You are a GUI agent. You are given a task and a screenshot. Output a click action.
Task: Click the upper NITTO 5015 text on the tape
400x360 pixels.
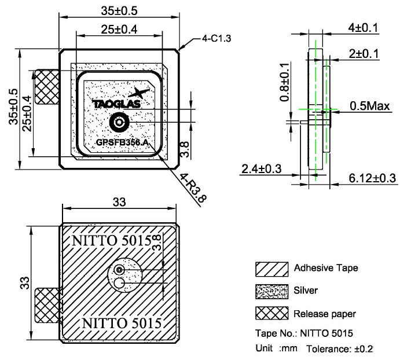pyautogui.click(x=112, y=239)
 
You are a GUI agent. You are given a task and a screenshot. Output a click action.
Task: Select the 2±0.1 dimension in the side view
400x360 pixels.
pyautogui.click(x=366, y=53)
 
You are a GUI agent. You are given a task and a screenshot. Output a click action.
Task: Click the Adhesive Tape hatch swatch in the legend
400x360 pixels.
pyautogui.click(x=271, y=269)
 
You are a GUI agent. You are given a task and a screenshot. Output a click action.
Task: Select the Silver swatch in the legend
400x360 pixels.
pyautogui.click(x=271, y=291)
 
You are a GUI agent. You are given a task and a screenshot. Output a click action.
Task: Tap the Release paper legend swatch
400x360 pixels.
pyautogui.click(x=271, y=313)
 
